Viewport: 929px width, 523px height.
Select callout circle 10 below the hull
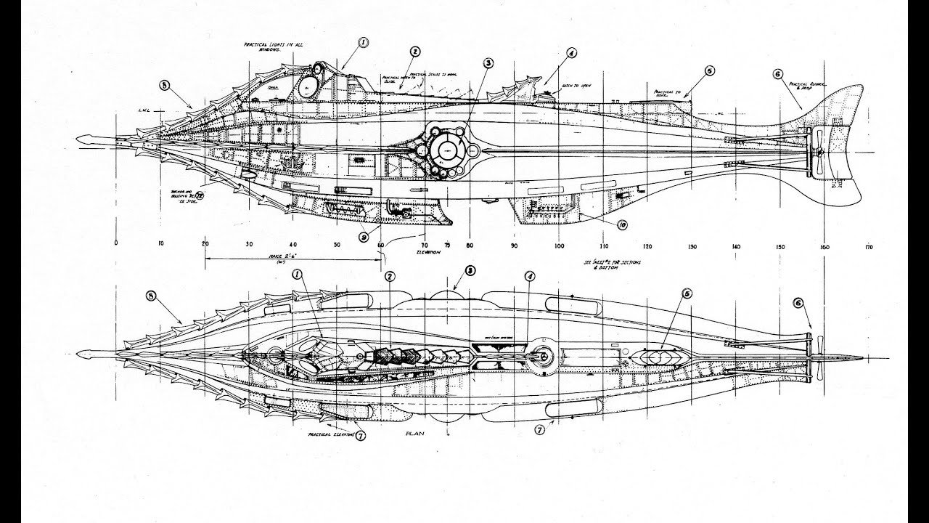[x=622, y=225]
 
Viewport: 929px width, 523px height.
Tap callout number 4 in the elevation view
[x=572, y=53]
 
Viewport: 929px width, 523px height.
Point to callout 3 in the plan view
[x=470, y=270]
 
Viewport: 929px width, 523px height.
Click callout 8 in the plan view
[x=151, y=296]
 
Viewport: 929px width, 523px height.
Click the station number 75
[x=447, y=246]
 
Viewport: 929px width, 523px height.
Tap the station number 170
[x=869, y=247]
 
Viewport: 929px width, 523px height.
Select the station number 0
[x=116, y=246]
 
